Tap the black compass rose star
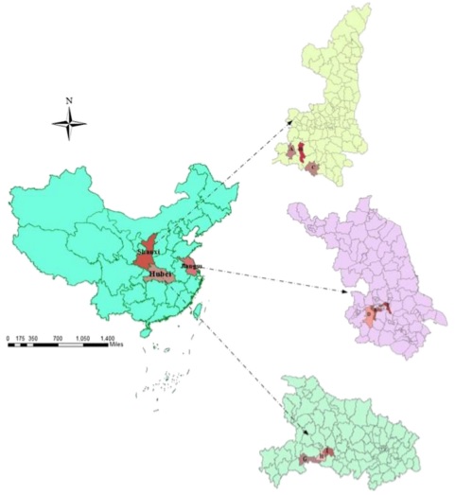coord(69,122)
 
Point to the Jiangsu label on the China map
coord(190,267)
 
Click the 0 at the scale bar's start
coord(8,337)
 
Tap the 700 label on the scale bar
coord(58,337)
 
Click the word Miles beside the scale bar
coord(117,345)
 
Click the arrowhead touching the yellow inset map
coord(290,121)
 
